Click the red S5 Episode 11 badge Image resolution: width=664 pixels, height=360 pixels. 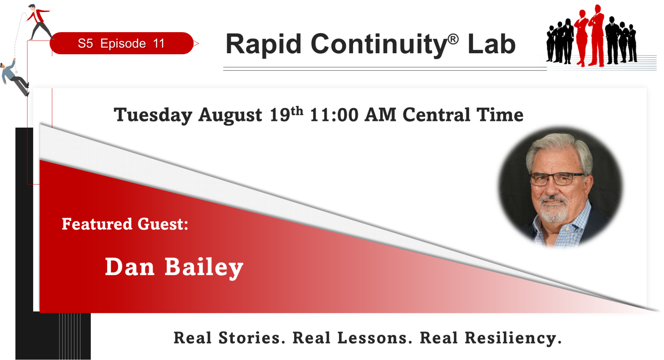[122, 43]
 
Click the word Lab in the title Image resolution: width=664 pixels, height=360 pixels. [491, 44]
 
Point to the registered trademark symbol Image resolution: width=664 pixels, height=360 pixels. [453, 39]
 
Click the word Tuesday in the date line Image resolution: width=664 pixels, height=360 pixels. [153, 115]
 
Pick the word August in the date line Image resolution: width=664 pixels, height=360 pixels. [230, 115]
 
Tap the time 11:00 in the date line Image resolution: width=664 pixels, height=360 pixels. [334, 115]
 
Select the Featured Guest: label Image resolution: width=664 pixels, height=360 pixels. [125, 224]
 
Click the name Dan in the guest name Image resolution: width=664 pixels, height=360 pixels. [130, 267]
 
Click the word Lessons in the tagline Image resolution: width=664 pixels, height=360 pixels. [375, 338]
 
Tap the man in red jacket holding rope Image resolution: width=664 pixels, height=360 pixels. [39, 21]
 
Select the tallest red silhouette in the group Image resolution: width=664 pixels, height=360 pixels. [597, 35]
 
